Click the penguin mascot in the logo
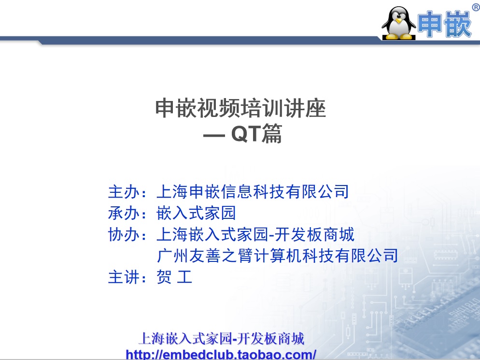coord(398,23)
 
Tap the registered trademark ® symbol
coord(475,6)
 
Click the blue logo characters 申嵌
coord(444,24)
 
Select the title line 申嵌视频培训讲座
coord(240,109)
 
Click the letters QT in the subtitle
coord(246,134)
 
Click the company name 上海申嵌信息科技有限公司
coord(253,192)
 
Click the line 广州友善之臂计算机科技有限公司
coord(278,256)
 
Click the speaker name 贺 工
coord(174,277)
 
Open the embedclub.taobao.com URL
coord(221,355)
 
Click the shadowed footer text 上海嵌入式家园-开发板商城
coord(221,339)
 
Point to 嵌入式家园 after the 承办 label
coord(196,213)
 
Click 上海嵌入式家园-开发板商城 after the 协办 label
coord(255,234)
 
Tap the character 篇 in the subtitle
coord(272,134)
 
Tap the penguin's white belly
coord(398,29)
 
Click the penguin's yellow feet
coord(399,37)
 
